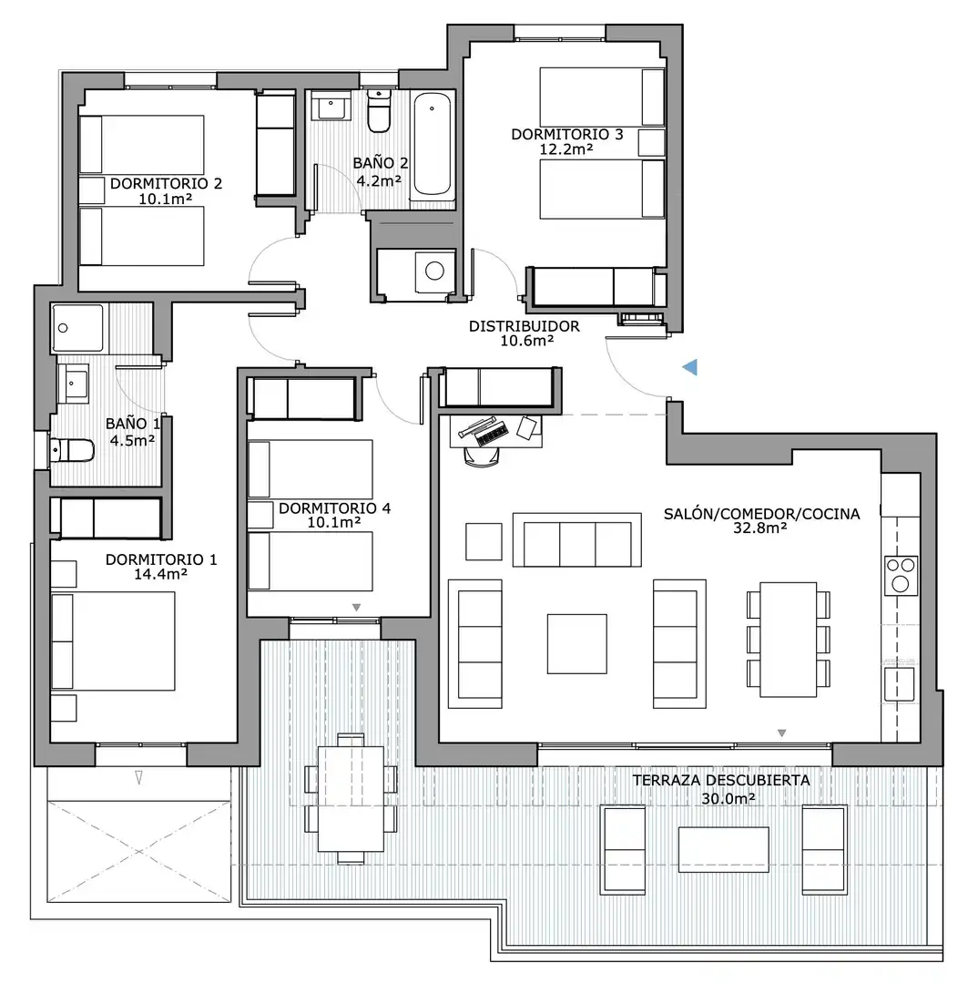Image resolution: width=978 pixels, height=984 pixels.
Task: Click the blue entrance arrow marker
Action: tap(690, 367)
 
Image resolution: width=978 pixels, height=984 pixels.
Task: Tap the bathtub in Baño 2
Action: tap(433, 144)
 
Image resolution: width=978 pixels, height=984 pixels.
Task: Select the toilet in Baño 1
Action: tap(72, 450)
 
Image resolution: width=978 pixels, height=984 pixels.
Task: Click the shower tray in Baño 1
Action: tap(77, 328)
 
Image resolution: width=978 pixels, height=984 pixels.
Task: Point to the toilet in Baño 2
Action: tap(379, 110)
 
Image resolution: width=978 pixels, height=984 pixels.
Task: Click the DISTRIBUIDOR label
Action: tap(525, 326)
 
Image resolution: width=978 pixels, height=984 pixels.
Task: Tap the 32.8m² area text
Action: tap(760, 528)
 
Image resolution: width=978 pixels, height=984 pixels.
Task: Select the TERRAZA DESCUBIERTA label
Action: tap(721, 780)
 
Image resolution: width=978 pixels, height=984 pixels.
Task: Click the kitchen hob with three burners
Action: tap(901, 576)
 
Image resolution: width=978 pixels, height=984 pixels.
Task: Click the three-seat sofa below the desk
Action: tap(577, 540)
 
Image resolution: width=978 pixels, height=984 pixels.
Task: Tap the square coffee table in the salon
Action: tap(576, 644)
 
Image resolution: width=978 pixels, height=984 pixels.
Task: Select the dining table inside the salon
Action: tap(788, 640)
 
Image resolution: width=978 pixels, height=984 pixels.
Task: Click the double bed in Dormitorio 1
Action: tap(113, 641)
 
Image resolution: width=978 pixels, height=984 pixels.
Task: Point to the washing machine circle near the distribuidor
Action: tap(434, 272)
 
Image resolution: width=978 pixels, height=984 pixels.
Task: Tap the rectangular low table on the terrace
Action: tap(723, 849)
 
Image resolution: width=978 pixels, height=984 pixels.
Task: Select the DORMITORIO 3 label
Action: tap(567, 134)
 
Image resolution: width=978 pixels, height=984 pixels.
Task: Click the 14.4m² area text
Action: tap(160, 574)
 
